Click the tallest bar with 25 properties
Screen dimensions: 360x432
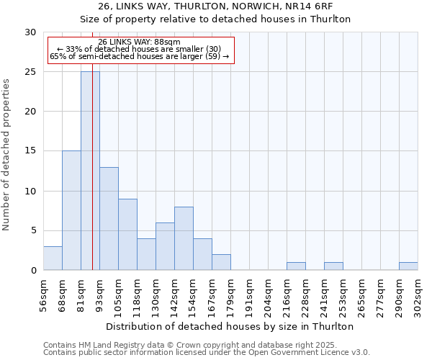(x=90, y=171)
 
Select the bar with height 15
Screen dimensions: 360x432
(x=71, y=210)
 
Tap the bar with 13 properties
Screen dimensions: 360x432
(x=109, y=218)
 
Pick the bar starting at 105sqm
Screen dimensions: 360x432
(x=127, y=234)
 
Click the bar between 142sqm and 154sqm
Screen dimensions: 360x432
(x=184, y=238)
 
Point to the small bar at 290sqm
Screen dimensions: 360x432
(x=408, y=266)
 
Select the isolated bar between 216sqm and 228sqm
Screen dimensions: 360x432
(x=296, y=266)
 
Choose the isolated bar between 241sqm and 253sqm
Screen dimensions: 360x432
(x=333, y=266)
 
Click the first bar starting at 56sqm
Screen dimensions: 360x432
(x=53, y=258)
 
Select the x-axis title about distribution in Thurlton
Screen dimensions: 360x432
(x=230, y=326)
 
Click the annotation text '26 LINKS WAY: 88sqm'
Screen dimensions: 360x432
(x=139, y=42)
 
